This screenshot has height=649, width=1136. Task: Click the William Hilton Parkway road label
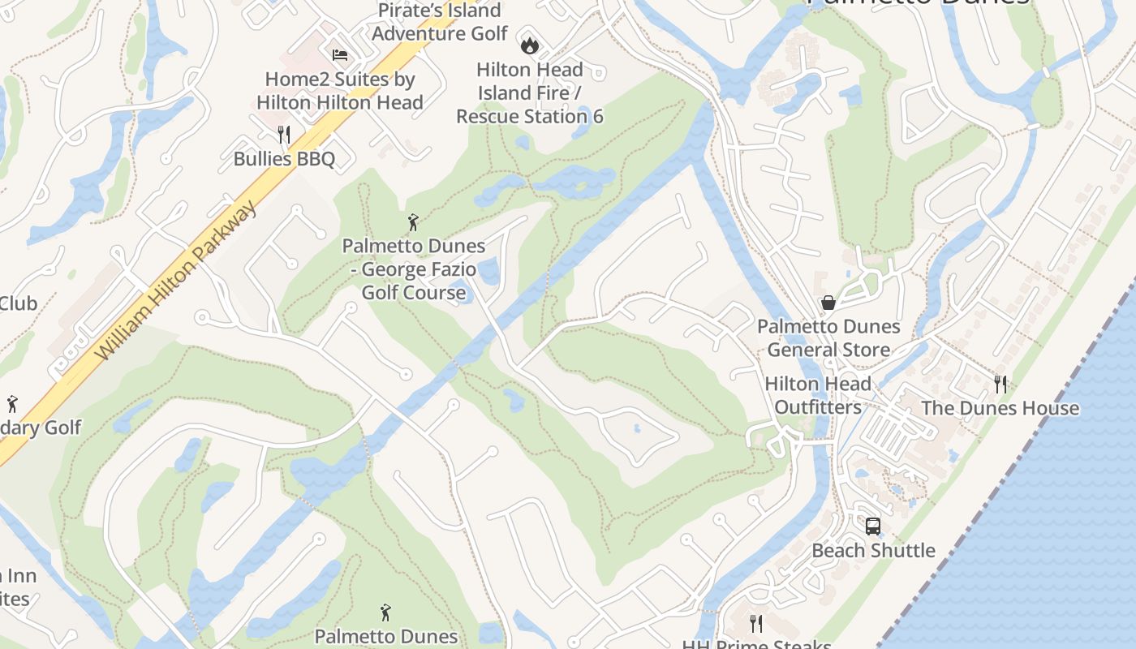(177, 281)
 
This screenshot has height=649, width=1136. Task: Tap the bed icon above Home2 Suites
(340, 55)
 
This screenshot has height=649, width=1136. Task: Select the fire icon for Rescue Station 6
(530, 45)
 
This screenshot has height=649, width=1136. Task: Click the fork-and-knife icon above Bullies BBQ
(283, 134)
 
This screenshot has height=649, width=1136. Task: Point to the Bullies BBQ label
(284, 158)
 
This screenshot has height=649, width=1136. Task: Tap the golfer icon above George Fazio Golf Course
(413, 221)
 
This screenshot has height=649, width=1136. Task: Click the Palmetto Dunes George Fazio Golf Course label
(414, 269)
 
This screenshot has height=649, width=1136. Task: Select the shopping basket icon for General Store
(828, 303)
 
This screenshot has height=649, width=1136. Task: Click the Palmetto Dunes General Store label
(828, 338)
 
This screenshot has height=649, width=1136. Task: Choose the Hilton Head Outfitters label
(818, 395)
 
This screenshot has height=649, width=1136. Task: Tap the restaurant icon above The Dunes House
(1000, 384)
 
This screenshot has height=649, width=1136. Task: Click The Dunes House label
(1000, 408)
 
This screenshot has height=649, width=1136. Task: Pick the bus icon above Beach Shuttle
(873, 526)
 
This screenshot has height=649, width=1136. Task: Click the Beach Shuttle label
(873, 550)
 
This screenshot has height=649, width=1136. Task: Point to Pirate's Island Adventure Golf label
(439, 22)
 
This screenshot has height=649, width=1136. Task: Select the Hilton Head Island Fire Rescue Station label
(530, 92)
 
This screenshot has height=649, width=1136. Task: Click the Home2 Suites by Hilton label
(340, 91)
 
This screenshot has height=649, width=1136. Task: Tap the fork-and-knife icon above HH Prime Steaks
(756, 623)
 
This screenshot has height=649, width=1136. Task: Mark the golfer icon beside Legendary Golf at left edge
(12, 403)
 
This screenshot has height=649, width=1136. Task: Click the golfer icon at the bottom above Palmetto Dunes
(385, 612)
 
